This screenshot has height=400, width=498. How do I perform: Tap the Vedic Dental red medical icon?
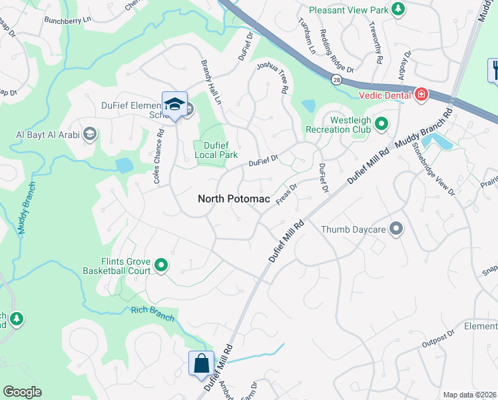pos(420,95)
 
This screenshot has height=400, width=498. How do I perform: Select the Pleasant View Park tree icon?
pos(397,9)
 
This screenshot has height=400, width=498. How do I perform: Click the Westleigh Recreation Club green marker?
pos(381,123)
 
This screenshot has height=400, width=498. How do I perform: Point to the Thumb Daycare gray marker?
pos(396,229)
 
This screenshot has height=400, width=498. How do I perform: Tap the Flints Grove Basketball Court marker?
pos(161,265)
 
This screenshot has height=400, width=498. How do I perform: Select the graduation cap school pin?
pos(174,105)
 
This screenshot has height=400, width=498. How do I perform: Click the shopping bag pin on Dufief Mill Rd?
pos(201,364)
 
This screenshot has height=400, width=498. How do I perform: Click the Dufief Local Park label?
pos(216,150)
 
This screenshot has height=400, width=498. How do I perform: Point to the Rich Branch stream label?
pos(152,313)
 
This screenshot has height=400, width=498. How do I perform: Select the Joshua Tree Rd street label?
pos(273,77)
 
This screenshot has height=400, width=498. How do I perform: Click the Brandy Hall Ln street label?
pos(210,82)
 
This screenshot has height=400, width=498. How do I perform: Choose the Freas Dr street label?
pos(286,195)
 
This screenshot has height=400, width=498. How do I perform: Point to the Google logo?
pos(22,392)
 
